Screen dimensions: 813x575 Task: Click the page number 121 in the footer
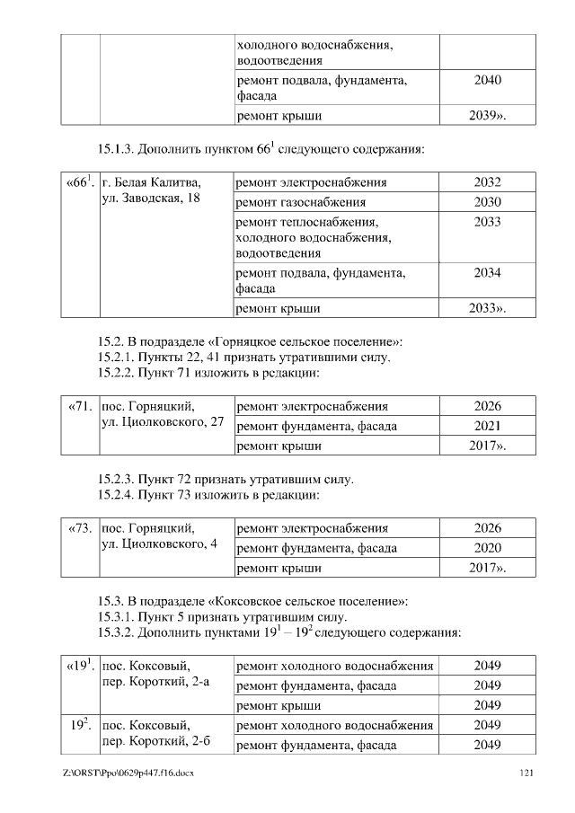(527, 773)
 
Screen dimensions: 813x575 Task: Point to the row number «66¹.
(80, 183)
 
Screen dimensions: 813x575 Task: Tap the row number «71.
(80, 407)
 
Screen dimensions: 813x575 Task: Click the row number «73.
(80, 528)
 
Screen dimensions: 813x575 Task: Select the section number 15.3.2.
(119, 632)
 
